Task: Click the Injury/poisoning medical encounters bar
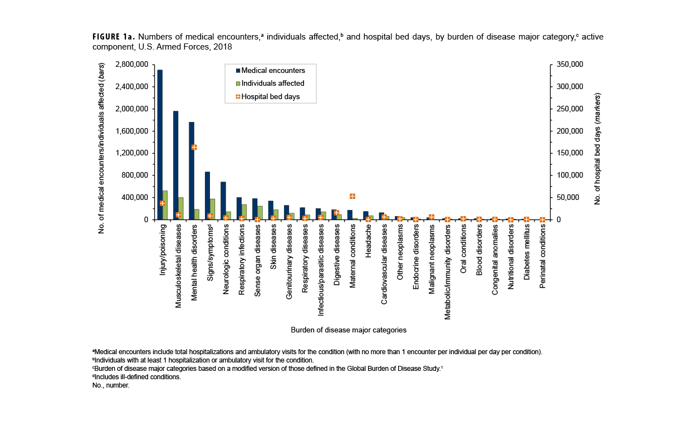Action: pos(160,145)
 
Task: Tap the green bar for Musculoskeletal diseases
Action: pos(181,208)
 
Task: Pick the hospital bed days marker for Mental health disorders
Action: pos(194,147)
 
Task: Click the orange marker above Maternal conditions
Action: pos(352,196)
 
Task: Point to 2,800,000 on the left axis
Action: pos(132,65)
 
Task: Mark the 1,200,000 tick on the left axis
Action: pos(132,153)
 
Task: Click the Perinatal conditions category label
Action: pos(543,257)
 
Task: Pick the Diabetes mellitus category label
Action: pos(527,253)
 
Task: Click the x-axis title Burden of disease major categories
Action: pos(349,330)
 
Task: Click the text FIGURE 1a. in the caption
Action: pos(110,37)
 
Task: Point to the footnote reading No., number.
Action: pos(111,385)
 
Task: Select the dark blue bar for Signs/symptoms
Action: pos(207,195)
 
